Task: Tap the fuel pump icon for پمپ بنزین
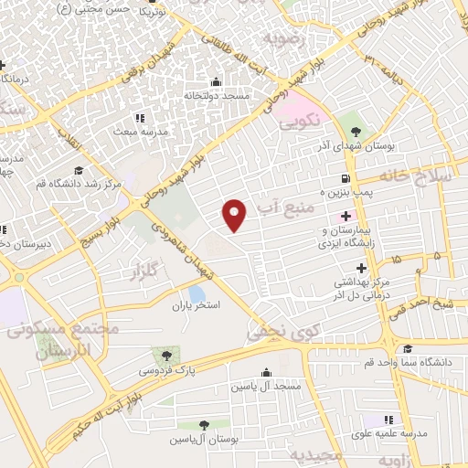[x=345, y=178]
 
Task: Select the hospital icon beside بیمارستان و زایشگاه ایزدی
[x=345, y=217]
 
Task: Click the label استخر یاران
[x=196, y=306]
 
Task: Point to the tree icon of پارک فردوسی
[x=166, y=355]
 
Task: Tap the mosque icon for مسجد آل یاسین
[x=266, y=373]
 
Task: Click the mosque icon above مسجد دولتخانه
[x=216, y=80]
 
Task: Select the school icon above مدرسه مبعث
[x=139, y=118]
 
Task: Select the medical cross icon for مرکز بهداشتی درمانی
[x=362, y=268]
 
